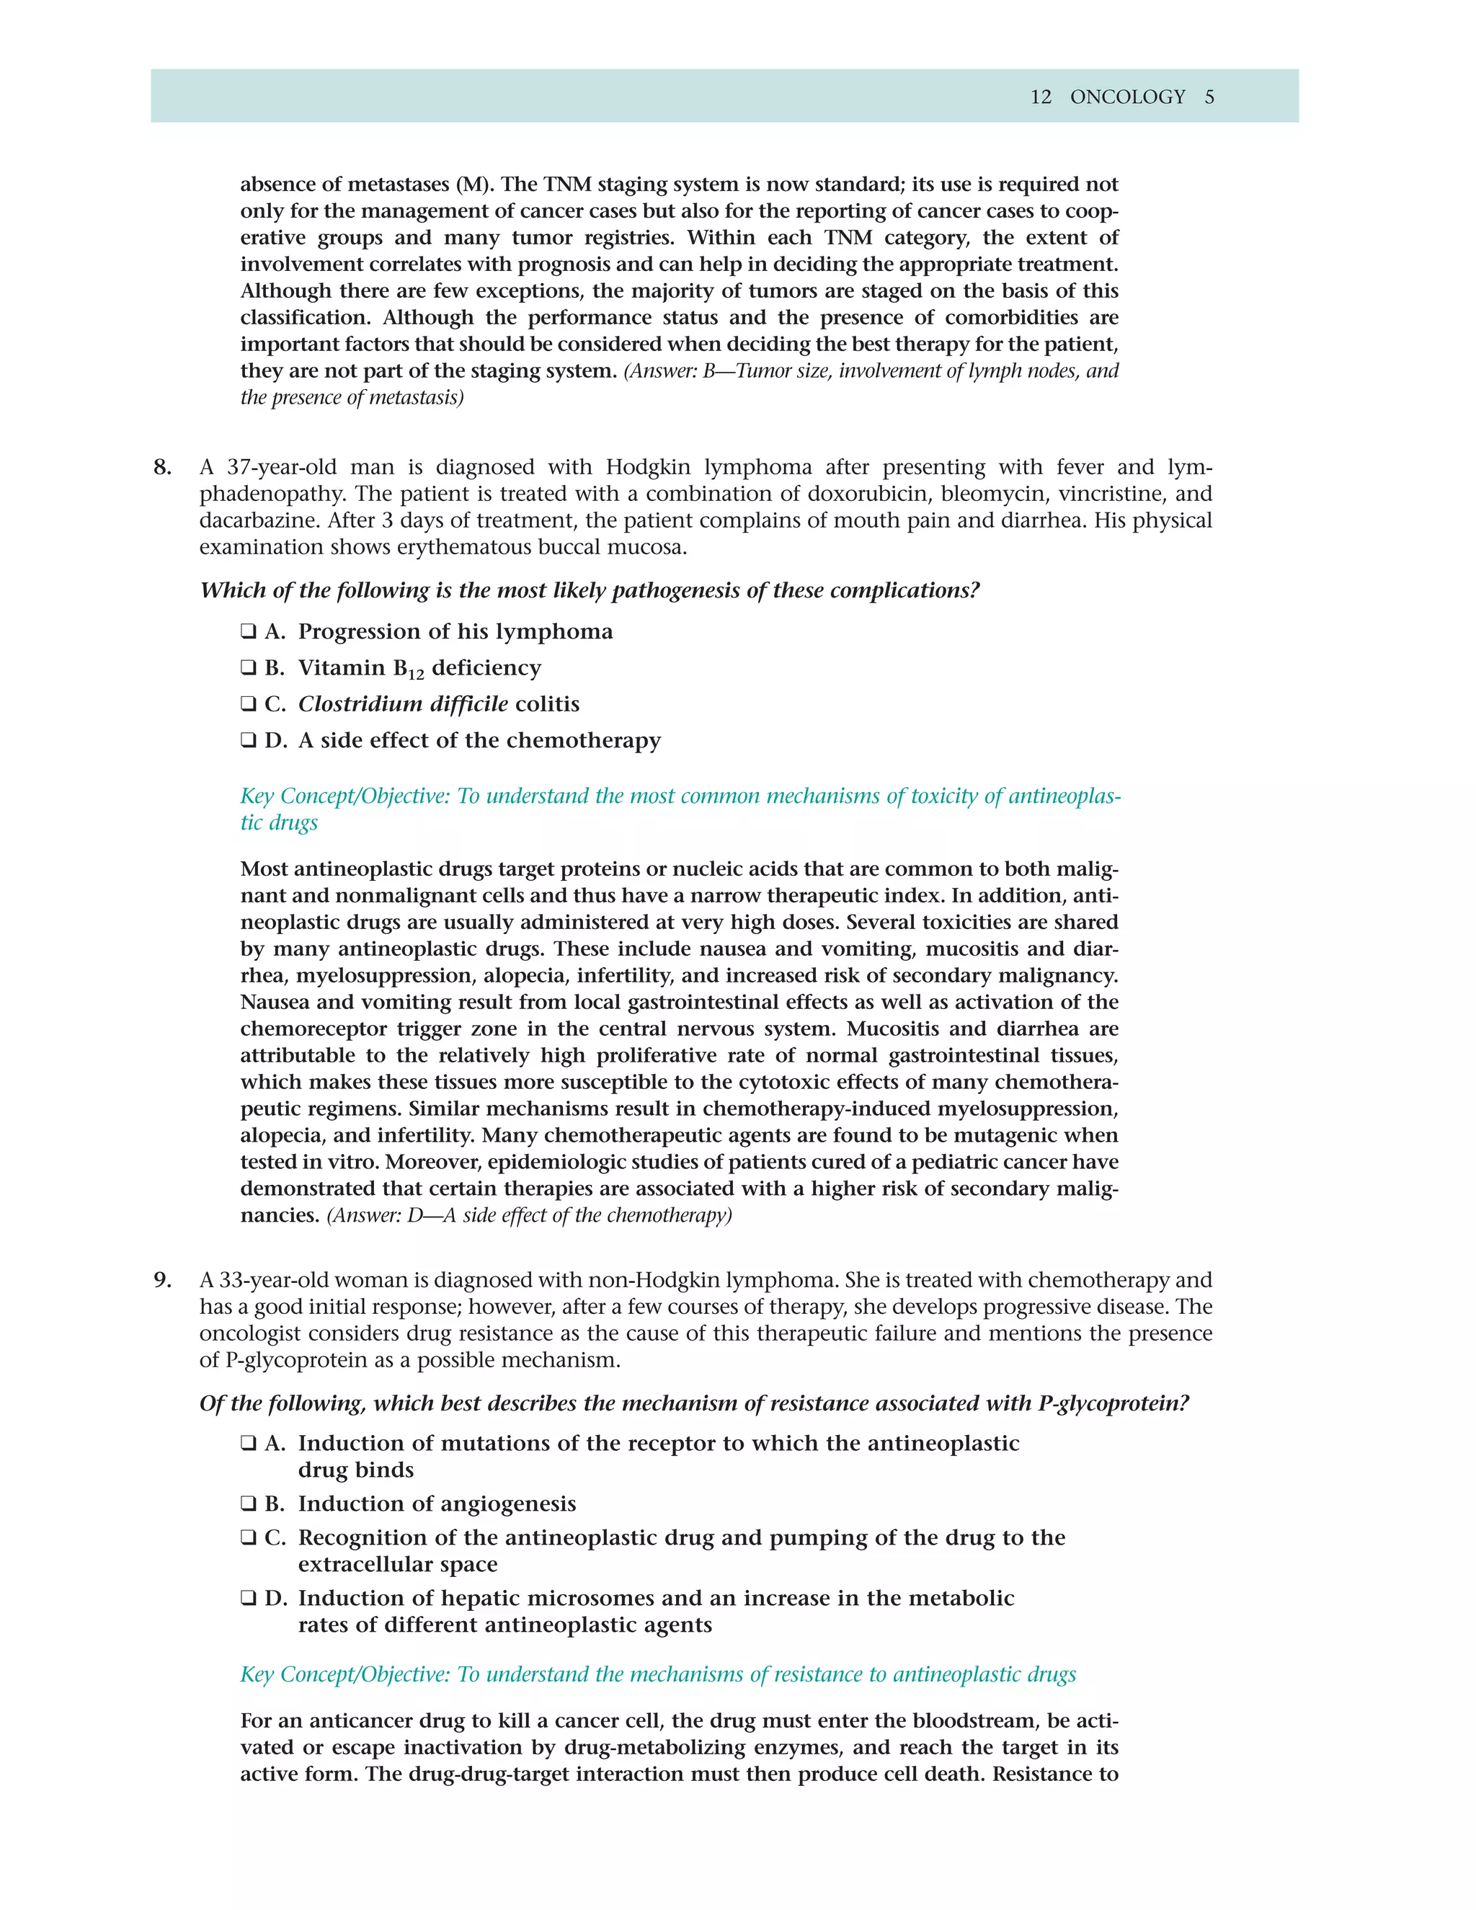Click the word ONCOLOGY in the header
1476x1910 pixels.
[x=1127, y=97]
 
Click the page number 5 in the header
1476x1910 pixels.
[x=1209, y=97]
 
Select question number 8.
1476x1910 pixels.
[x=163, y=467]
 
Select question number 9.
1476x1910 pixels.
[x=163, y=1280]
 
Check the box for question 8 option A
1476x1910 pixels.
[x=249, y=631]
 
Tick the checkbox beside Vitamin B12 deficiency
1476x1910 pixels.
[x=249, y=668]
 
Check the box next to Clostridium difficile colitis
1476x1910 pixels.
[x=249, y=704]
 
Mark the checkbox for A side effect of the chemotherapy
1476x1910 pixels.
[x=249, y=741]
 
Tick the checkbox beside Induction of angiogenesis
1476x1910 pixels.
[x=249, y=1504]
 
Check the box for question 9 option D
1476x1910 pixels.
[x=249, y=1599]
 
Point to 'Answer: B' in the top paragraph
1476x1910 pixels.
[x=678, y=370]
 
